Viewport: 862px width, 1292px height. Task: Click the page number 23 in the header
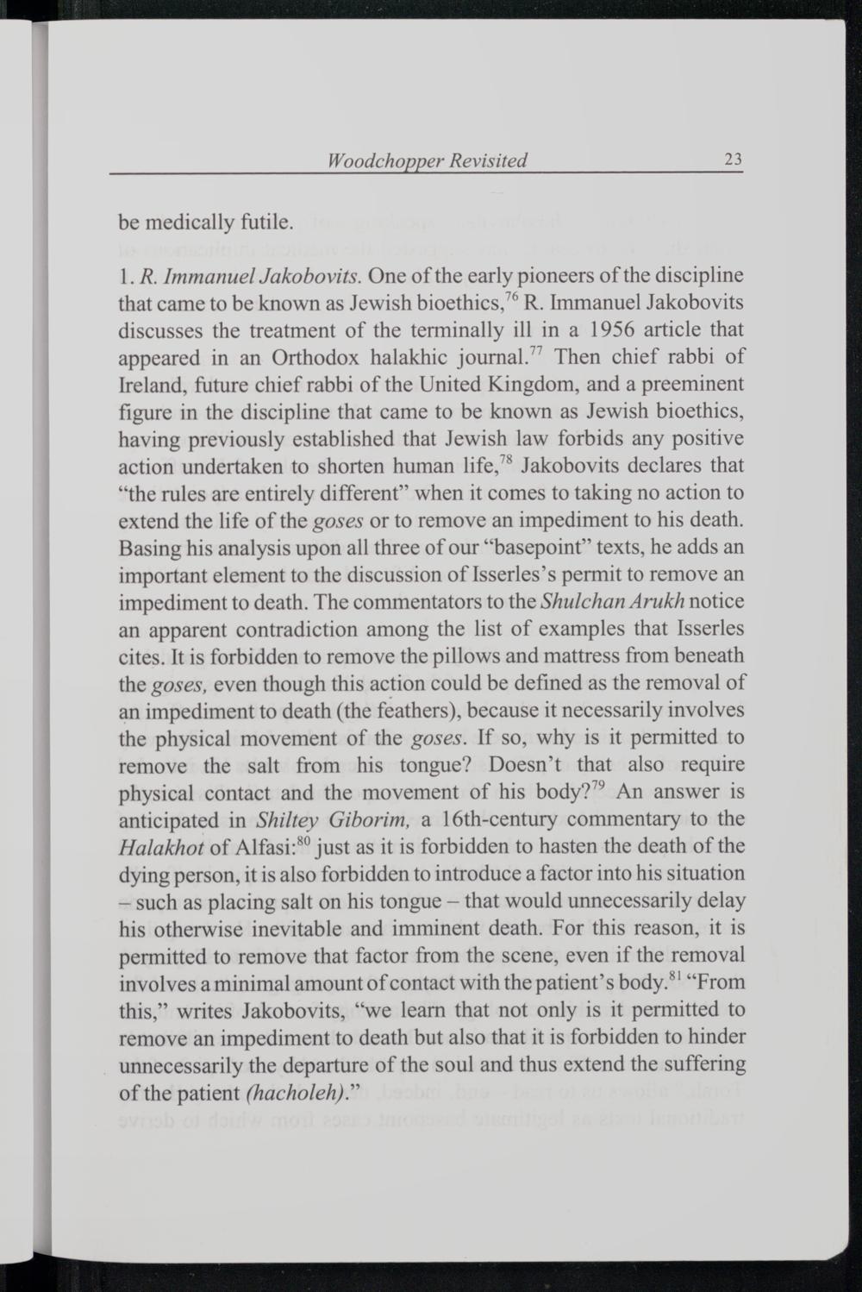734,160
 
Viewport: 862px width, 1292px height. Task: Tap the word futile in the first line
259,223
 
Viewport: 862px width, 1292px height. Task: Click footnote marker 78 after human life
507,461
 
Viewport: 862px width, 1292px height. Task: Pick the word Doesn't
525,765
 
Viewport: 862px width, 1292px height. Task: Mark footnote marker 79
601,786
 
